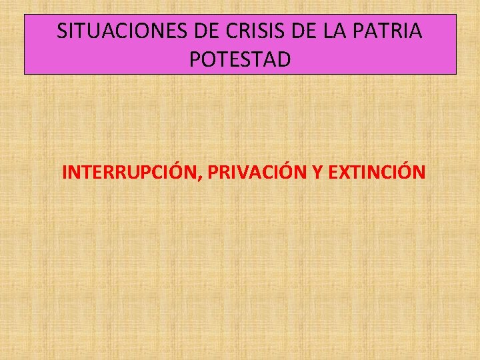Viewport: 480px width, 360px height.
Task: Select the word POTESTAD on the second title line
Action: point(240,60)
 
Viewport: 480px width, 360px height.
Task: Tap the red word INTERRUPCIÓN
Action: point(131,173)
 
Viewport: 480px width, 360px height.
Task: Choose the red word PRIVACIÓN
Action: point(257,173)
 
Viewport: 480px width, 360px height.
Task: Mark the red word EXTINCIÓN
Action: point(377,173)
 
